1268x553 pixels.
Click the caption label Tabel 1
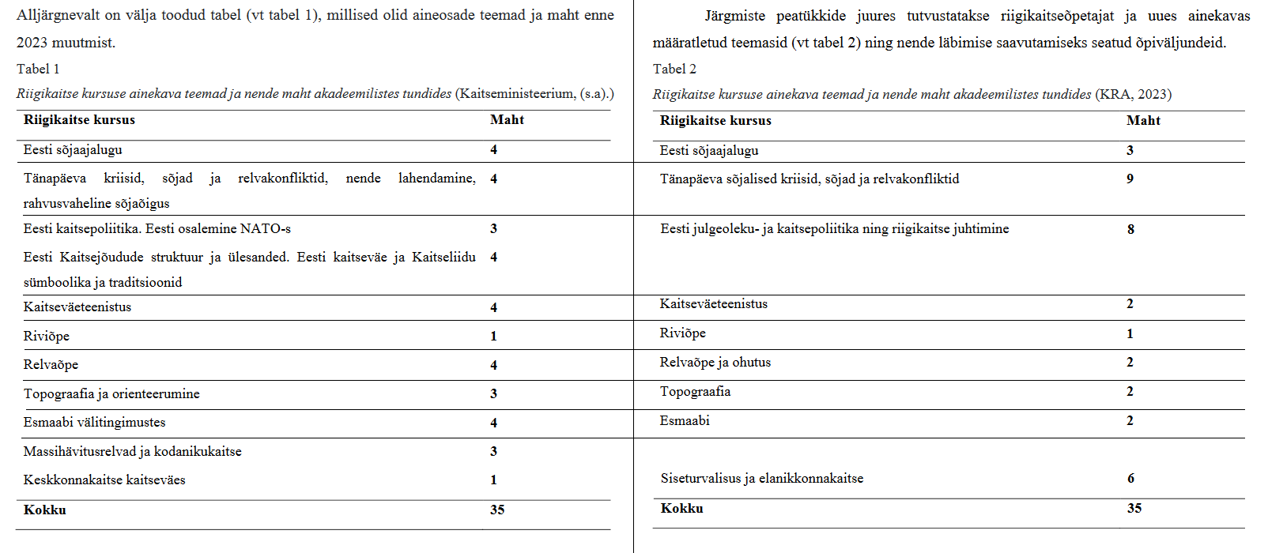pyautogui.click(x=38, y=69)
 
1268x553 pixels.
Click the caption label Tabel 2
pyautogui.click(x=674, y=69)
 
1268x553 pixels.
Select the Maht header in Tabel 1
pyautogui.click(x=507, y=120)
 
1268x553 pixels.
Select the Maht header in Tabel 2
pyautogui.click(x=1143, y=121)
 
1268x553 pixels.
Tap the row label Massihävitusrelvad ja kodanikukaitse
pyautogui.click(x=132, y=451)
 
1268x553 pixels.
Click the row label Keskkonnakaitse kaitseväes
pyautogui.click(x=104, y=480)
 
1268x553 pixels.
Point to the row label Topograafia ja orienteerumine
pyautogui.click(x=111, y=393)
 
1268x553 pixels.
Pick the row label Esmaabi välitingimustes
pyautogui.click(x=94, y=422)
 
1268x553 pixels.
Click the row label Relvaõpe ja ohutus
pyautogui.click(x=715, y=362)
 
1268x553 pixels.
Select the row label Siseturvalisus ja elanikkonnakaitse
pyautogui.click(x=761, y=478)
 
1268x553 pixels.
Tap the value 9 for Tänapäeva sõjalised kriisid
pyautogui.click(x=1130, y=179)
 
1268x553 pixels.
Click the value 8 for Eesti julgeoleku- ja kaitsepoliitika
pyautogui.click(x=1130, y=229)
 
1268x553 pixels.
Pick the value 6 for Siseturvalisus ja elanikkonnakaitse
pyautogui.click(x=1130, y=478)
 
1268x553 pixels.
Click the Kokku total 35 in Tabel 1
pyautogui.click(x=497, y=510)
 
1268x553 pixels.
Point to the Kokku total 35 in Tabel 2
pyautogui.click(x=1134, y=508)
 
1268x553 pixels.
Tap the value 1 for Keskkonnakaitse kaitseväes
pyautogui.click(x=493, y=480)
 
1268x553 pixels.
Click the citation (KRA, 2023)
pyautogui.click(x=1133, y=94)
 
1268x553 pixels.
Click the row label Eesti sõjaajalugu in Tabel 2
pyautogui.click(x=708, y=150)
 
